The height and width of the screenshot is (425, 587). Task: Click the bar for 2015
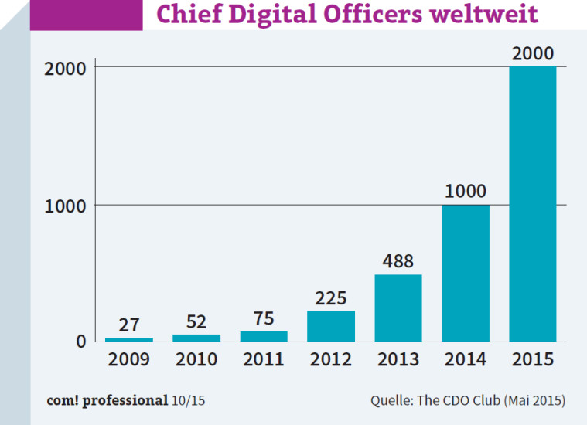pyautogui.click(x=532, y=204)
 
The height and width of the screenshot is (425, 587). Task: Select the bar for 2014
pyautogui.click(x=465, y=273)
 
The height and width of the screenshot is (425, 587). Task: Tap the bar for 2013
pyautogui.click(x=398, y=308)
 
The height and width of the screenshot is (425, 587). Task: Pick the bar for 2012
pyautogui.click(x=330, y=326)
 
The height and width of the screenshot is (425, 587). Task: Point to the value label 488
pyautogui.click(x=398, y=261)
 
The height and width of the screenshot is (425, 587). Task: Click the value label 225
pyautogui.click(x=330, y=297)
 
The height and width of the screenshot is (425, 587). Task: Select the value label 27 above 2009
pyautogui.click(x=128, y=325)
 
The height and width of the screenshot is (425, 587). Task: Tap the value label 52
pyautogui.click(x=196, y=321)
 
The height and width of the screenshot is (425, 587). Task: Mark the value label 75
pyautogui.click(x=264, y=318)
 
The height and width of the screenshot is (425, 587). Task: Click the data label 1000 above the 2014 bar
pyautogui.click(x=465, y=191)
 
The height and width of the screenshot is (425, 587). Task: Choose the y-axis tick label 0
pyautogui.click(x=80, y=341)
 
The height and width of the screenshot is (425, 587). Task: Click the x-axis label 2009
pyautogui.click(x=128, y=359)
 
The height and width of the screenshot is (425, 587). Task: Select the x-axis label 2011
pyautogui.click(x=264, y=359)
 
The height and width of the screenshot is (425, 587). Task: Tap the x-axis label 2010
pyautogui.click(x=196, y=359)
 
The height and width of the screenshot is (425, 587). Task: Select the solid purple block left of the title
pyautogui.click(x=86, y=15)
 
